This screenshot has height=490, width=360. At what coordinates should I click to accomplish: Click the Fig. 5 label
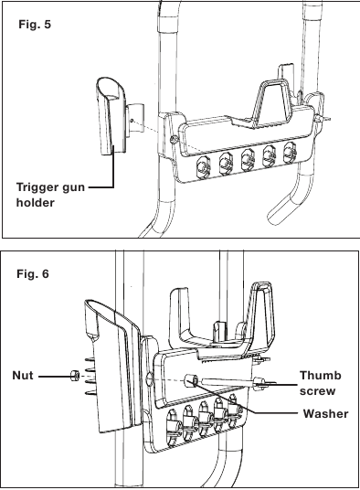coord(35,24)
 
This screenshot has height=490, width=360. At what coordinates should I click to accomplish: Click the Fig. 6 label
coord(33,273)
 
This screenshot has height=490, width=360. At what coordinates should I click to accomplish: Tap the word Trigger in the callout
coord(37,187)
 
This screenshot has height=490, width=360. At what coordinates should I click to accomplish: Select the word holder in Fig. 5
coord(36,203)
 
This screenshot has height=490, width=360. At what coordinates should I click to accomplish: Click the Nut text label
coord(23,376)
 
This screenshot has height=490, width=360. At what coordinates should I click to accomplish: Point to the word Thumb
coord(321,376)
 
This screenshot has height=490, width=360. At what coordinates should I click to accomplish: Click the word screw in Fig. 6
coord(318,391)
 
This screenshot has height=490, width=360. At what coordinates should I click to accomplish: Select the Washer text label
coord(325,414)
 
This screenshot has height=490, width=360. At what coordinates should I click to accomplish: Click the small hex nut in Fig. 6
coord(75,375)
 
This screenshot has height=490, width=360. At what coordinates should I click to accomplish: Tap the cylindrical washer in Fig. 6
coord(190,380)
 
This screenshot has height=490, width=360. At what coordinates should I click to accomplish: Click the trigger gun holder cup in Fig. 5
coord(111,115)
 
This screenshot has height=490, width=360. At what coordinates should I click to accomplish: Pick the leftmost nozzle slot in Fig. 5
coord(203,167)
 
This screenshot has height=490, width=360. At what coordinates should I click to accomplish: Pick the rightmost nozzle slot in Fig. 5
coord(290,153)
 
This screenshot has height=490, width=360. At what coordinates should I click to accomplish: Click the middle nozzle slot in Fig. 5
coord(248,160)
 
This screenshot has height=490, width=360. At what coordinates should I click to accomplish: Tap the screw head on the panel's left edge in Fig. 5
coord(174,140)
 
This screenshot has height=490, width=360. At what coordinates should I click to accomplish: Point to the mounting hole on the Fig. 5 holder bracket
coord(132,121)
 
